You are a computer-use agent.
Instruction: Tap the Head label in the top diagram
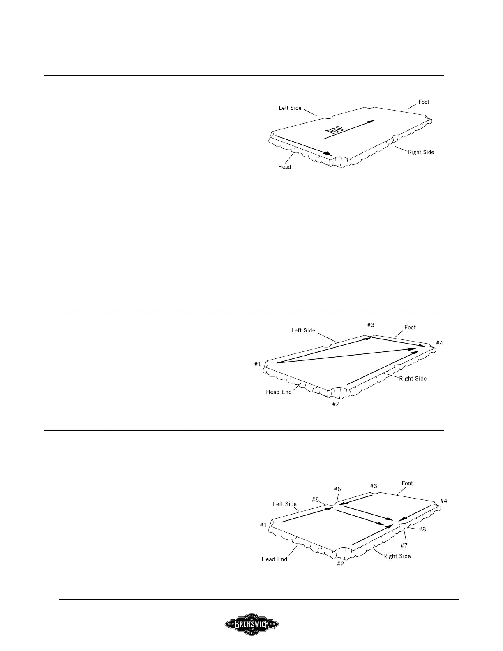(x=284, y=167)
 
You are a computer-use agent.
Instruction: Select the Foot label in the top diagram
(x=424, y=102)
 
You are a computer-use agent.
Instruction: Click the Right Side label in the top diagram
(x=421, y=152)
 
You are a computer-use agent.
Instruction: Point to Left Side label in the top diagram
(x=290, y=108)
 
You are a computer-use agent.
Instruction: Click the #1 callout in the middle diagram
(x=258, y=364)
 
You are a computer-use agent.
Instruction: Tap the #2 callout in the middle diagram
(x=336, y=404)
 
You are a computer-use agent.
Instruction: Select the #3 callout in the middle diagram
(x=371, y=325)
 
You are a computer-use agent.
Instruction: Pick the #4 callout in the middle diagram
(x=440, y=343)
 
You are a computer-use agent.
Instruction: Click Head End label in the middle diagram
(x=279, y=392)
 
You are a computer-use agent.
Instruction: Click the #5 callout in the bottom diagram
(x=316, y=500)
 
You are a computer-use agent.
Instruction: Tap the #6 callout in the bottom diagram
(x=337, y=489)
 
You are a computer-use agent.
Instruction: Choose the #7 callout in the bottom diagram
(x=404, y=545)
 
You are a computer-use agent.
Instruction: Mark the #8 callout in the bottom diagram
(x=422, y=529)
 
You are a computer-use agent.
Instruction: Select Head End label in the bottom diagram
(x=275, y=559)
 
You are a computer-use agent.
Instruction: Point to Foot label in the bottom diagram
(x=407, y=483)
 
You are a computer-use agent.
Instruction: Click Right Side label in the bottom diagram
(x=397, y=556)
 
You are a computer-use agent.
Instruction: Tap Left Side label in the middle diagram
(x=303, y=330)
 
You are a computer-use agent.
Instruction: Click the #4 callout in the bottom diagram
(x=444, y=501)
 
